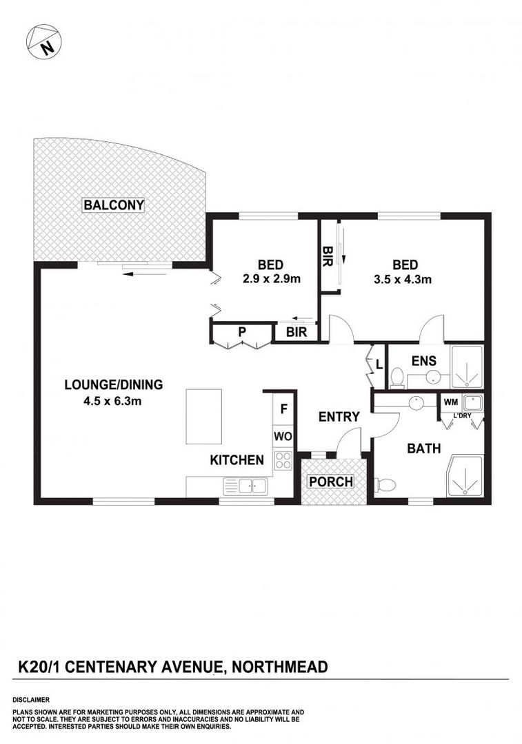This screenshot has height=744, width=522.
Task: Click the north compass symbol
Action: (x=43, y=42)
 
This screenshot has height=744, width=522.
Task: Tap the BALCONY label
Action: (x=114, y=205)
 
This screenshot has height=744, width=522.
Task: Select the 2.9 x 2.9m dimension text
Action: (x=271, y=279)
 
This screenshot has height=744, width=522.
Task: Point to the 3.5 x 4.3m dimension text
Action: (x=403, y=280)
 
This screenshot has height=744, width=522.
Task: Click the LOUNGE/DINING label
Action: (x=114, y=384)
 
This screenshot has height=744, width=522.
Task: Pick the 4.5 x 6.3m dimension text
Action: (x=112, y=402)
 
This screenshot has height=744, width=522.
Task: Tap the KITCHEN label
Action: (x=237, y=459)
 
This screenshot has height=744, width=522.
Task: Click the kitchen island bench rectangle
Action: (x=203, y=417)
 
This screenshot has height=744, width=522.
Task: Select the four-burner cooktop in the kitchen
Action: (x=283, y=460)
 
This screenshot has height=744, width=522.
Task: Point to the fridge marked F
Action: (x=283, y=409)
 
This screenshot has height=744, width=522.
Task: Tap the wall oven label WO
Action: (x=283, y=437)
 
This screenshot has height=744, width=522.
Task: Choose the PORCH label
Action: (x=331, y=482)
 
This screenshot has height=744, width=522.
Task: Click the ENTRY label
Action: (x=339, y=417)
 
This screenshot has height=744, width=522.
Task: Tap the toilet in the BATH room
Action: (x=385, y=484)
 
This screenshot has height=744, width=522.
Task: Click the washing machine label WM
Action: (x=451, y=402)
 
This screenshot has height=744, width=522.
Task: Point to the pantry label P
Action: (x=242, y=332)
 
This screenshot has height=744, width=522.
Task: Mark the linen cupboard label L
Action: (x=379, y=364)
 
